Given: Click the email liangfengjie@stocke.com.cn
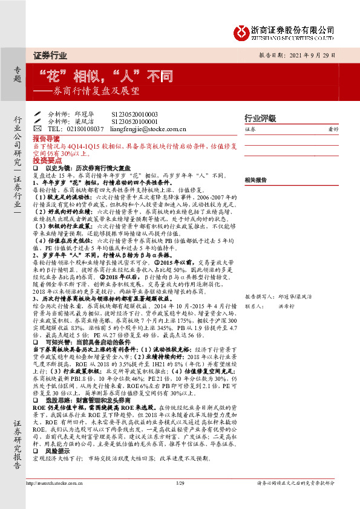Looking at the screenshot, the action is pos(148,129).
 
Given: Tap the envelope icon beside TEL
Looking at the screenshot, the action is pos(38,129).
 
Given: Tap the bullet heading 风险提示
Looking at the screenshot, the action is pos(57,450).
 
